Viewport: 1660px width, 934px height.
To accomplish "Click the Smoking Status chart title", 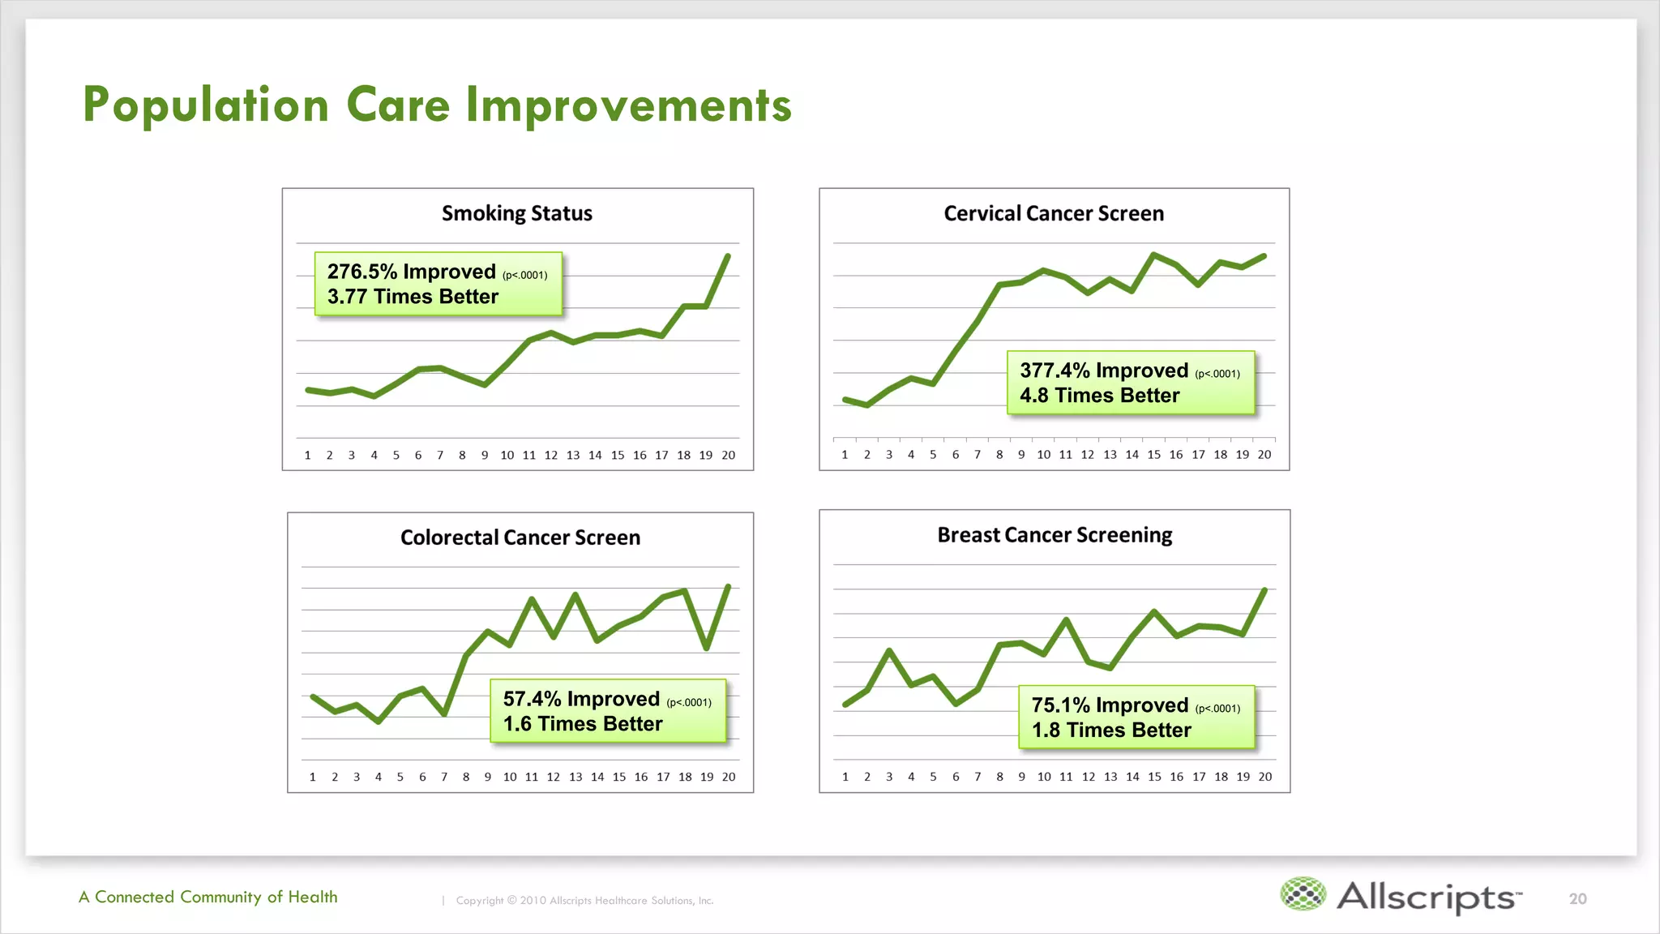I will pyautogui.click(x=517, y=213).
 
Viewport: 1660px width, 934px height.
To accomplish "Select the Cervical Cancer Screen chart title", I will pyautogui.click(x=1054, y=213).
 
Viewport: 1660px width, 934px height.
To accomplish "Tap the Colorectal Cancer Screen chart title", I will pyautogui.click(x=520, y=538).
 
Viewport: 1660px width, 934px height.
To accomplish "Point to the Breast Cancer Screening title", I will pyautogui.click(x=1055, y=535).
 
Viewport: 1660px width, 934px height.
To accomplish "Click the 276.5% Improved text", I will pyautogui.click(x=411, y=272).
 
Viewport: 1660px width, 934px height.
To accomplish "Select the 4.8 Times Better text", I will pyautogui.click(x=1099, y=396).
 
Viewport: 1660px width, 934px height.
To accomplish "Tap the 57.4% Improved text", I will pyautogui.click(x=581, y=699).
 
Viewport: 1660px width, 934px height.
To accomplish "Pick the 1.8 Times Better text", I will pyautogui.click(x=1110, y=730).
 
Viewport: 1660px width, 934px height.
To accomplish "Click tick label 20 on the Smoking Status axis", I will pyautogui.click(x=728, y=455).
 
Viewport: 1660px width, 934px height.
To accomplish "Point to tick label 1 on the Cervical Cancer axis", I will pyautogui.click(x=845, y=455).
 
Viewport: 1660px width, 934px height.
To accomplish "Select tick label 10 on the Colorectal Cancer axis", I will pyautogui.click(x=510, y=777).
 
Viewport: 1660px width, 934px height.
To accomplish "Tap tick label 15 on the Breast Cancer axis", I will pyautogui.click(x=1154, y=777).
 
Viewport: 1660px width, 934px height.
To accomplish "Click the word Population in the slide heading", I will pyautogui.click(x=206, y=105).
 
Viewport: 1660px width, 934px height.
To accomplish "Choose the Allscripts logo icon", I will pyautogui.click(x=1303, y=894).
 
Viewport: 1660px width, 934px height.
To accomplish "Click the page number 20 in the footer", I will pyautogui.click(x=1577, y=898).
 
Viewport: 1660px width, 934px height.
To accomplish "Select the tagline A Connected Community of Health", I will pyautogui.click(x=208, y=897).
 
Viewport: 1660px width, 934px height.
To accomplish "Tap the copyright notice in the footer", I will pyautogui.click(x=584, y=900).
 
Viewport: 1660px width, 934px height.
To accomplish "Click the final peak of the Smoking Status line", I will pyautogui.click(x=727, y=256).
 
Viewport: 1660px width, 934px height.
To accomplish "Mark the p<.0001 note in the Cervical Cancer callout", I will pyautogui.click(x=1217, y=374).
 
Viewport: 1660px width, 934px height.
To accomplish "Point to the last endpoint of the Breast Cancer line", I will pyautogui.click(x=1264, y=590).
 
